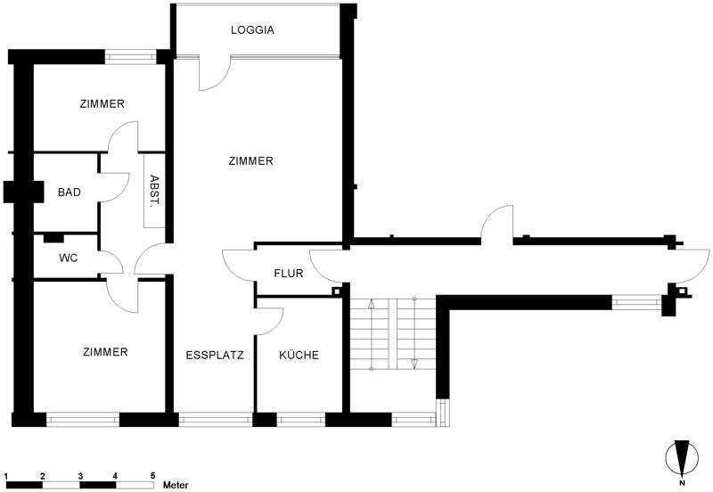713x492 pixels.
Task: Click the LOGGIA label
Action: click(x=252, y=30)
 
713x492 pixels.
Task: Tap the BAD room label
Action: click(x=70, y=192)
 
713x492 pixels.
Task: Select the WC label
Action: click(x=68, y=258)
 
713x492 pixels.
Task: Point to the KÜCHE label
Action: click(x=299, y=355)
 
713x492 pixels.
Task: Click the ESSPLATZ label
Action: click(x=214, y=355)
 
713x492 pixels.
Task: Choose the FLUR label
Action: click(x=289, y=274)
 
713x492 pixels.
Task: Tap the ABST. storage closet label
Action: click(x=154, y=189)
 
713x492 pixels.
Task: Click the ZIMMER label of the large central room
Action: click(x=250, y=161)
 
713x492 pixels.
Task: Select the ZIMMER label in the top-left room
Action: click(x=102, y=104)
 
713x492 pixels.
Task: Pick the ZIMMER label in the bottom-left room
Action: click(x=104, y=352)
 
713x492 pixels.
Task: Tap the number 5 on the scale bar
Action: click(x=152, y=474)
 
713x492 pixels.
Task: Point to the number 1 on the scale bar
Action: click(x=6, y=474)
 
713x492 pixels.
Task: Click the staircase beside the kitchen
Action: click(x=392, y=334)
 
